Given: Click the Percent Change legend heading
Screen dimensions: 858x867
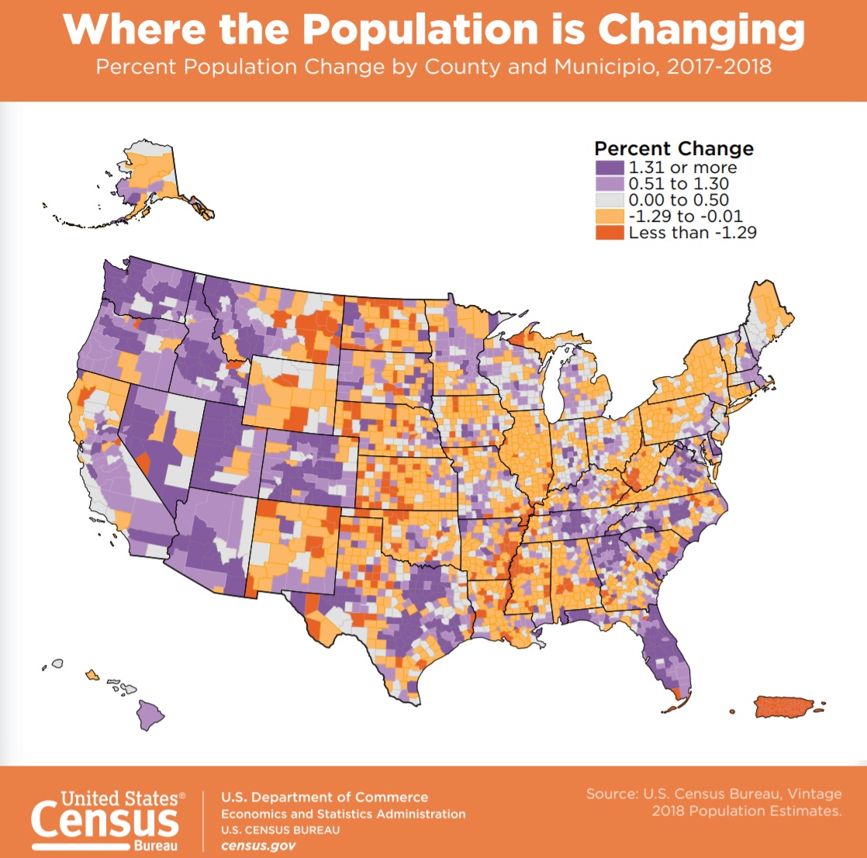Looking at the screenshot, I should [x=674, y=148].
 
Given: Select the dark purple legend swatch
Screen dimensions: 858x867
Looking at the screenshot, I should [x=610, y=168].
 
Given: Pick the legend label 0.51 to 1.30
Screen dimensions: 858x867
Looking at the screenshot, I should [x=679, y=184].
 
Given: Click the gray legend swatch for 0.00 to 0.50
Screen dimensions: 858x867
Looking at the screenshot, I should [x=610, y=200].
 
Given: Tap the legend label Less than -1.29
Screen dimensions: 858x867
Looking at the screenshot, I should [x=693, y=232].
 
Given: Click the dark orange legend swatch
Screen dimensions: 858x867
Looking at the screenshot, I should [x=610, y=232].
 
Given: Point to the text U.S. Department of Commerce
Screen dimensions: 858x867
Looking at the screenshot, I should [x=324, y=797].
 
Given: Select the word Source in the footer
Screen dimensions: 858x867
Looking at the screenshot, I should [x=613, y=795].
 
